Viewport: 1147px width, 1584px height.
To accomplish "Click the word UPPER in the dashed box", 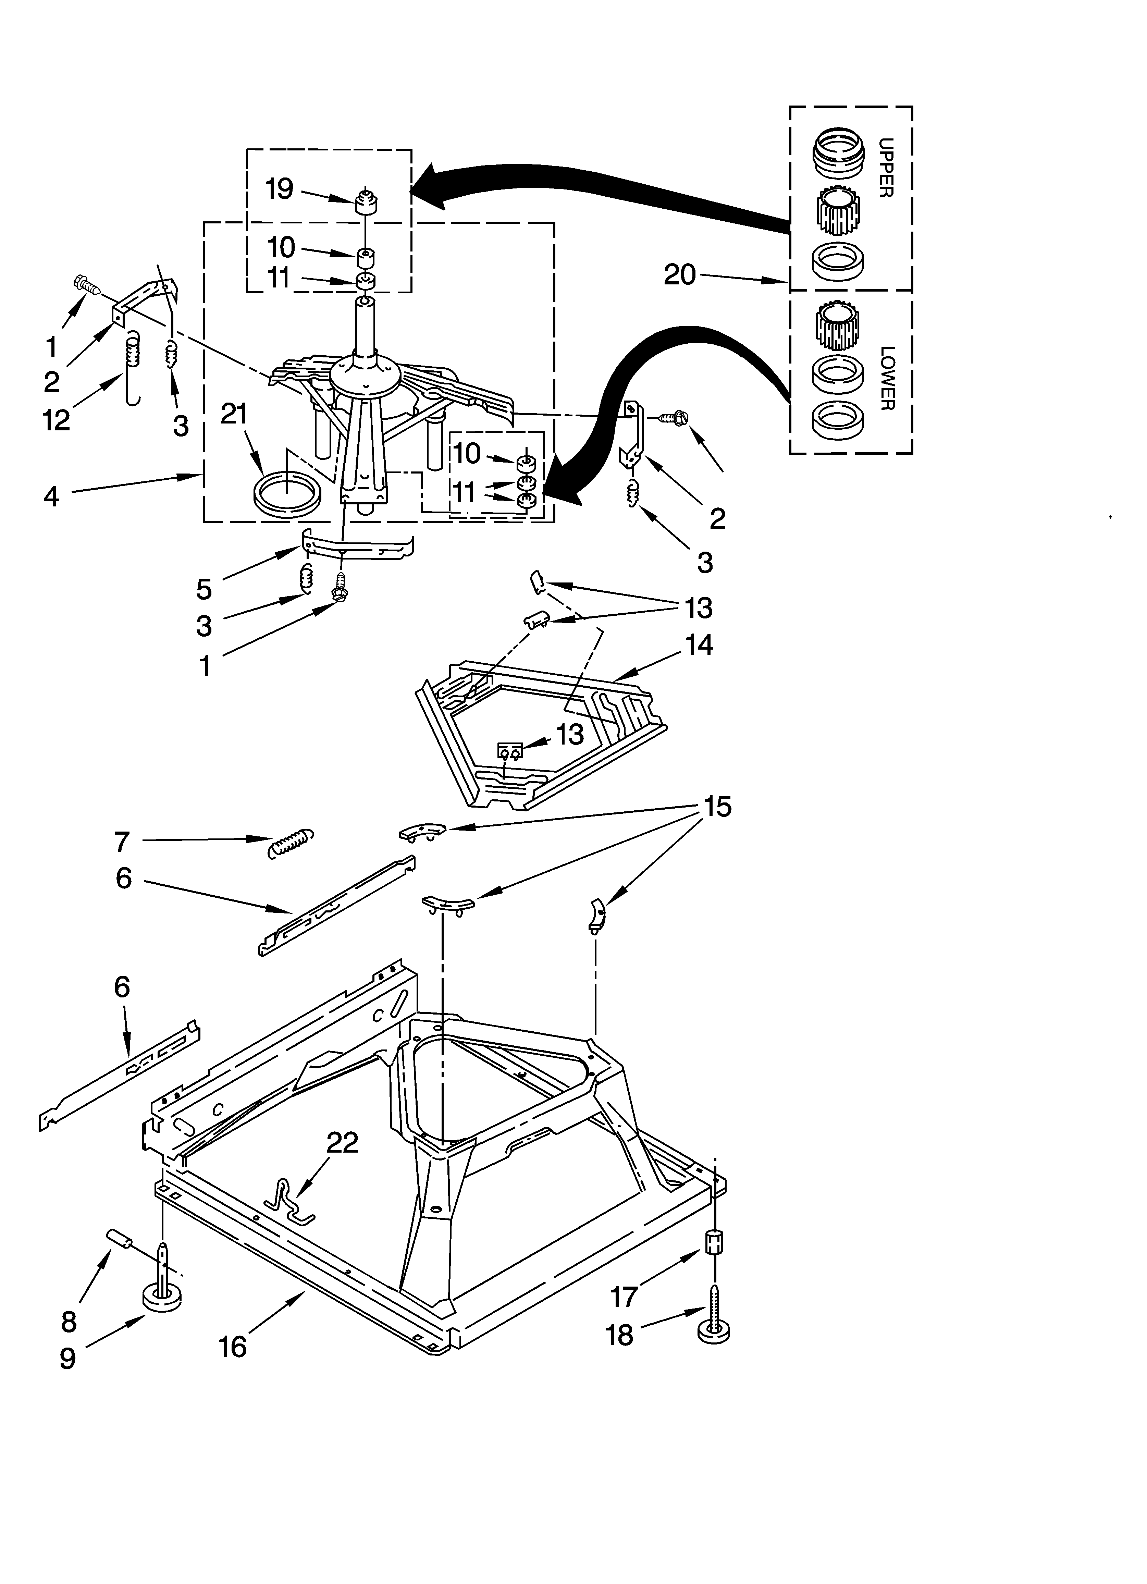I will (x=885, y=168).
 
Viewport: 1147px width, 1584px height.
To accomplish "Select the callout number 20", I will (x=680, y=274).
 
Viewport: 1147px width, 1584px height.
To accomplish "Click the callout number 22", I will (x=342, y=1142).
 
